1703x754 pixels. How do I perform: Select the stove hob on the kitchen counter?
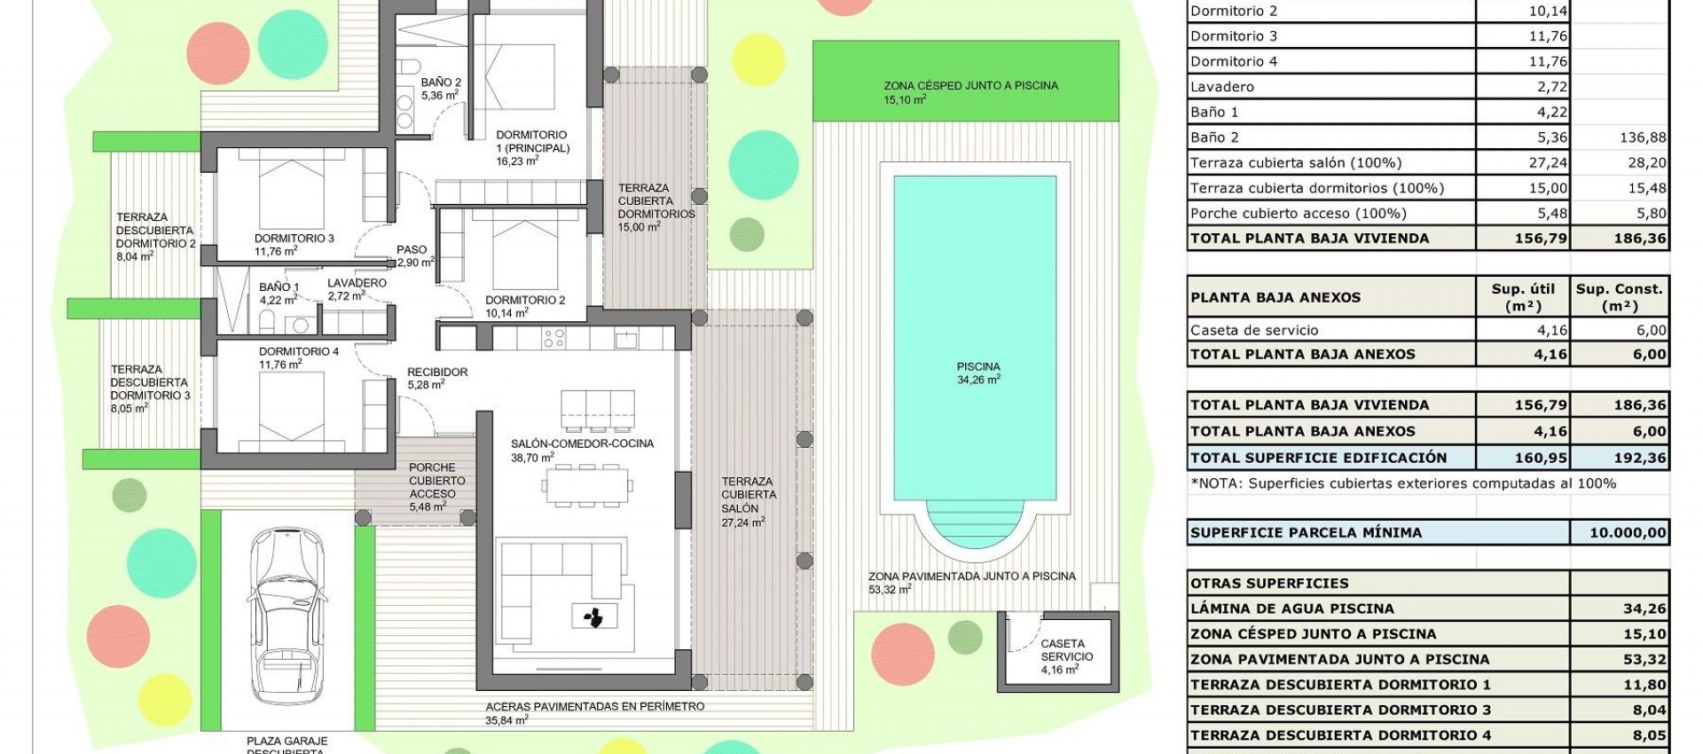pyautogui.click(x=554, y=338)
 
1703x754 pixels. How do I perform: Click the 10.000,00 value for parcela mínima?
pyautogui.click(x=1620, y=533)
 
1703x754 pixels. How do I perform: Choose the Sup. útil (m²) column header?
pyautogui.click(x=1522, y=297)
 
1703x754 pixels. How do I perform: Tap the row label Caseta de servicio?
pyautogui.click(x=1254, y=330)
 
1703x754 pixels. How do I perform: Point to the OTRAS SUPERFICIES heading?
pyautogui.click(x=1269, y=584)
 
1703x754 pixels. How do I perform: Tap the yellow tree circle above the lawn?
pyautogui.click(x=759, y=55)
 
